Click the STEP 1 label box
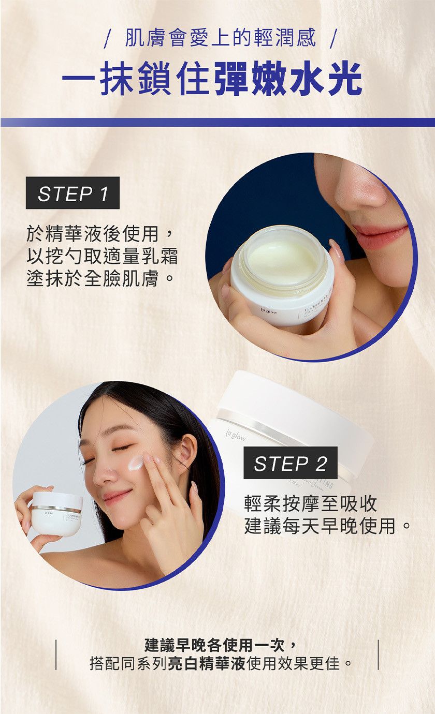[x=72, y=193]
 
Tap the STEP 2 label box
[x=291, y=463]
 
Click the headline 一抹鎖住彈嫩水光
[x=212, y=78]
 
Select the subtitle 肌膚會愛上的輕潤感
[x=220, y=38]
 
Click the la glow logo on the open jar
[x=268, y=311]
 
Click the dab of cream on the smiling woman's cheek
[x=136, y=463]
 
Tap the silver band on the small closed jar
[x=56, y=508]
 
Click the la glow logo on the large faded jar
[x=236, y=436]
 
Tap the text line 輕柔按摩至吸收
[x=311, y=503]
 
